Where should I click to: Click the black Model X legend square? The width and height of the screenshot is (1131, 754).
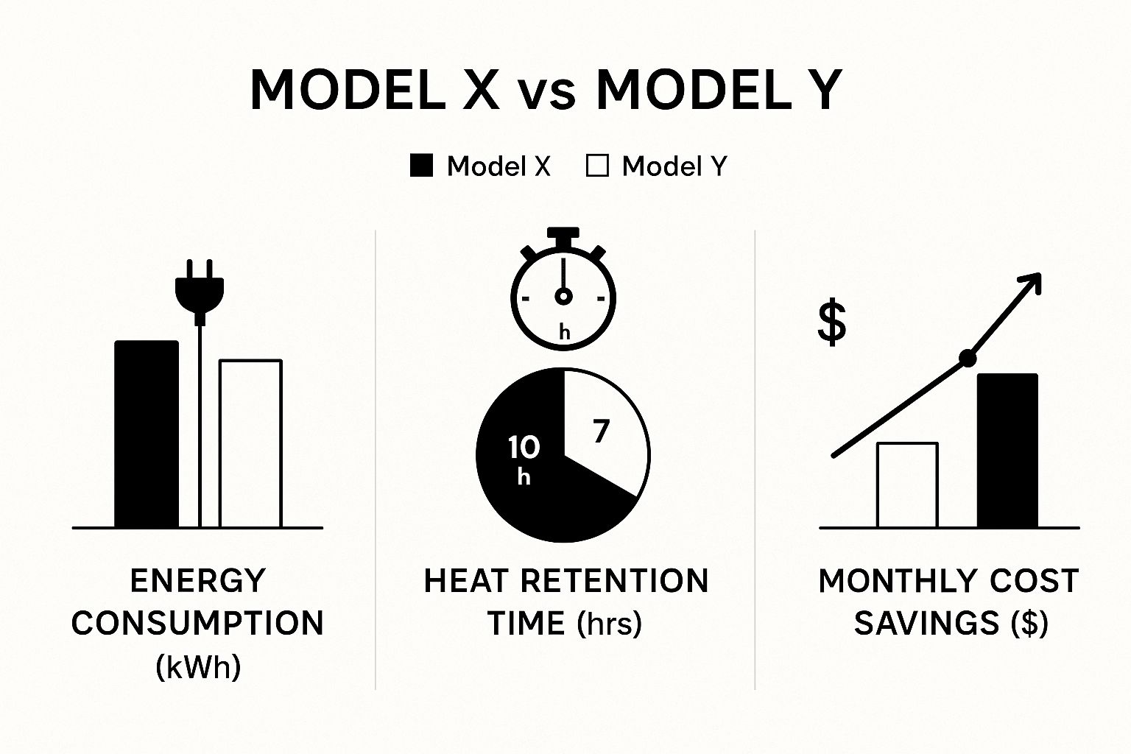pos(421,165)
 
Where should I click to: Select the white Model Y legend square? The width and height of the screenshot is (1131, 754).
pos(597,165)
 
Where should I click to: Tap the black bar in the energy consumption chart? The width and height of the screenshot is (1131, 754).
pos(147,434)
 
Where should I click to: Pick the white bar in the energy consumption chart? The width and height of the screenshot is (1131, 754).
pos(250,444)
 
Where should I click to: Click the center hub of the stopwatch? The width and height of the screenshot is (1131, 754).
pos(563,297)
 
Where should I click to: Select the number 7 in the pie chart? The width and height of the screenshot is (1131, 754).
pos(601,431)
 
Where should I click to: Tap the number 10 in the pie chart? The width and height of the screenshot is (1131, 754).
pos(524,448)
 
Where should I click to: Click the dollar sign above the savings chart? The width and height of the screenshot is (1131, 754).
pos(831,323)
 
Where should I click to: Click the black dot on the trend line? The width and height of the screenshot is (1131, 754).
pos(968,359)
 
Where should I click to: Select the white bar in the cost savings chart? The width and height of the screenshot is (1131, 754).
pos(908,485)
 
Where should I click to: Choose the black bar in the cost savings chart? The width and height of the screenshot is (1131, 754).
pos(1007,451)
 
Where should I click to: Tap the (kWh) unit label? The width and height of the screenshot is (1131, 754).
pos(198,668)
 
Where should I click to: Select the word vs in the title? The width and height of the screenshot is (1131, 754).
pos(547,94)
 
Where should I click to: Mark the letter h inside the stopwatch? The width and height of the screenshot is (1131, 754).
pos(565,332)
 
